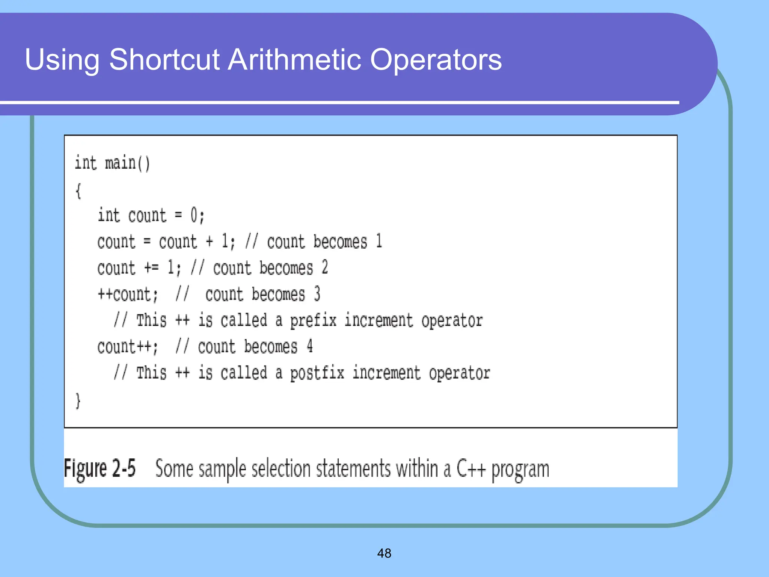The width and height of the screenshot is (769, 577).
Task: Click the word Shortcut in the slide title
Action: [164, 60]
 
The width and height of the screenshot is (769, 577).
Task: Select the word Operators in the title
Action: [436, 60]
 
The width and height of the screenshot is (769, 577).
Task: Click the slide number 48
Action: [384, 553]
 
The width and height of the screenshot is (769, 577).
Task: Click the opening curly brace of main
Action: [78, 191]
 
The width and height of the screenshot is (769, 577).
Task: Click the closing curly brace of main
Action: [78, 401]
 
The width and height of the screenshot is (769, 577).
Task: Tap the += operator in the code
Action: [151, 268]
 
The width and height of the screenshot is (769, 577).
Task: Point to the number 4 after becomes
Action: [309, 346]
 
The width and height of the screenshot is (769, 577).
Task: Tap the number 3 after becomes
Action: [317, 294]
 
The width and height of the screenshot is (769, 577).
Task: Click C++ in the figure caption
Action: [471, 469]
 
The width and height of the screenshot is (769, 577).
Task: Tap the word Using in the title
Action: [62, 60]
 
